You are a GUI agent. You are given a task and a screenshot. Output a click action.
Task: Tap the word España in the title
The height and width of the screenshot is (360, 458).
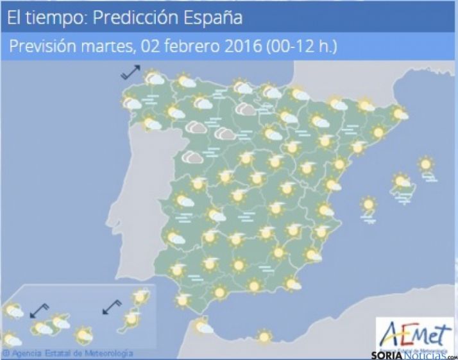(210, 18)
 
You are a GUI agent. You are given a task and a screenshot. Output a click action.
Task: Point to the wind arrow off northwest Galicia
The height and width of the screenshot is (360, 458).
(131, 72)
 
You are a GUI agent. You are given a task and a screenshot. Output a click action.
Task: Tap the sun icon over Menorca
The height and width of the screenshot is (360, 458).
(425, 165)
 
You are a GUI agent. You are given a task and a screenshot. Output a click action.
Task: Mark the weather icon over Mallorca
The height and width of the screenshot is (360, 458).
(402, 182)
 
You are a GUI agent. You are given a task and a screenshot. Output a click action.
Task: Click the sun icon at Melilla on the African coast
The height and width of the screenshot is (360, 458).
(263, 336)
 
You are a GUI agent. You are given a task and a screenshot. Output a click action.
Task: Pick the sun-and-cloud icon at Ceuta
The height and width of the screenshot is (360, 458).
(203, 328)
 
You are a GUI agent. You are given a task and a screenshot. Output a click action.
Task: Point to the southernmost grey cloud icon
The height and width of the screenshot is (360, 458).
(191, 157)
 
